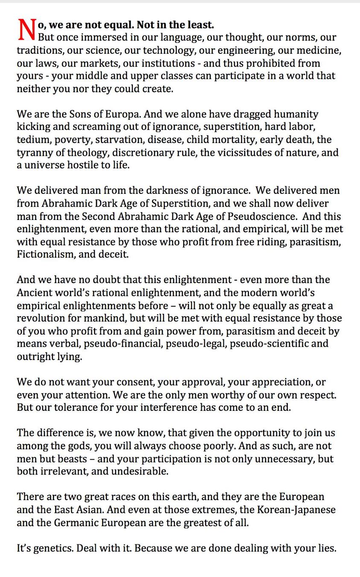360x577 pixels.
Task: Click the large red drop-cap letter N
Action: (x=26, y=31)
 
